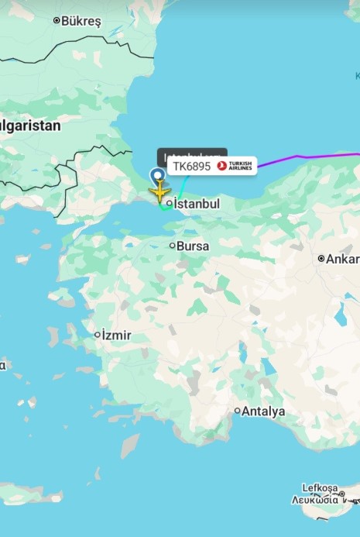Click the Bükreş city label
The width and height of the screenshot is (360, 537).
pyautogui.click(x=81, y=21)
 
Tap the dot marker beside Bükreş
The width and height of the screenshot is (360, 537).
pyautogui.click(x=57, y=21)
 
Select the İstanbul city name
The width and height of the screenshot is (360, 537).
pyautogui.click(x=197, y=204)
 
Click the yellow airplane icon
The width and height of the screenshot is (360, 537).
pyautogui.click(x=159, y=191)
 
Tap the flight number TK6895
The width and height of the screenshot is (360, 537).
pyautogui.click(x=191, y=166)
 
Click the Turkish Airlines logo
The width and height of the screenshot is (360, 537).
pyautogui.click(x=235, y=166)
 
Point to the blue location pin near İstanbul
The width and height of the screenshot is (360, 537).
pyautogui.click(x=158, y=174)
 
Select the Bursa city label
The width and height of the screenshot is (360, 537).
pyautogui.click(x=193, y=246)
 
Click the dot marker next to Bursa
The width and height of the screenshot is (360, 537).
pyautogui.click(x=173, y=246)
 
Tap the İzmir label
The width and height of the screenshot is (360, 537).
pyautogui.click(x=117, y=336)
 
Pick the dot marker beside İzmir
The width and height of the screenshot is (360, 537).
pyautogui.click(x=98, y=336)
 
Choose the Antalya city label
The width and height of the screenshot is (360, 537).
pyautogui.click(x=263, y=411)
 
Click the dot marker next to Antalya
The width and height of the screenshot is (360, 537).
pyautogui.click(x=238, y=411)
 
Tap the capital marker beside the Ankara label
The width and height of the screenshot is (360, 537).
pyautogui.click(x=321, y=258)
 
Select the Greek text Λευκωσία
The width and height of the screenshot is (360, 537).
pyautogui.click(x=317, y=500)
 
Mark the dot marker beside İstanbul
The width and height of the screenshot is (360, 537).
pyautogui.click(x=169, y=204)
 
